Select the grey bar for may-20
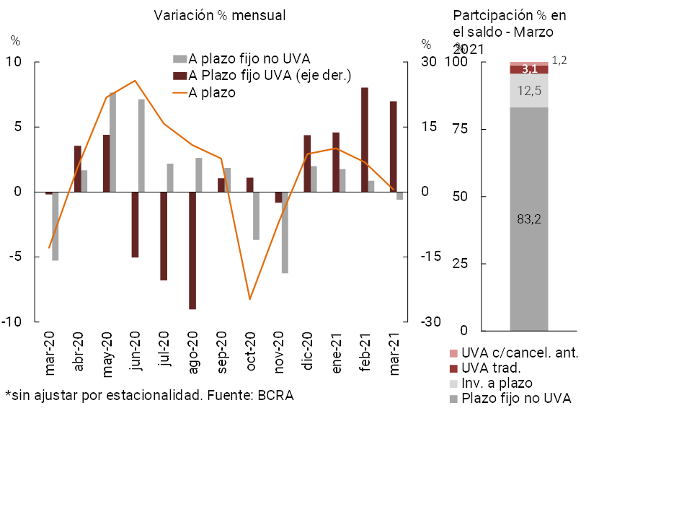(x=112, y=142)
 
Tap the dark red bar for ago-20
(x=192, y=250)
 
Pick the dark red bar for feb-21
(x=365, y=140)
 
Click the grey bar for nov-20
(x=285, y=232)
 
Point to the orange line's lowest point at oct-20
(x=249, y=299)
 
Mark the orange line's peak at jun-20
(x=135, y=81)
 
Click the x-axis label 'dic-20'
(x=308, y=352)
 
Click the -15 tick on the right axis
(x=429, y=257)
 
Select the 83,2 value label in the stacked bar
(x=529, y=220)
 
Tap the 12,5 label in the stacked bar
(x=529, y=91)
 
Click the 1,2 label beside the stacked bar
(x=559, y=61)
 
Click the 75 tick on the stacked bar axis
(x=459, y=130)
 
